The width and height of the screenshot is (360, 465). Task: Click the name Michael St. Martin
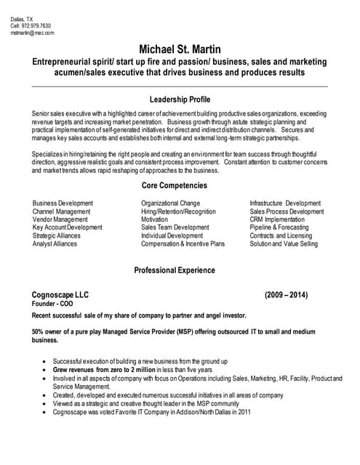tap(180, 49)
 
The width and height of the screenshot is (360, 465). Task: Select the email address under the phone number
tap(32, 33)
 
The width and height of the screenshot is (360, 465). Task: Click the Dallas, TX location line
tap(21, 18)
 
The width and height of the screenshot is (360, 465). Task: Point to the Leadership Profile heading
tap(180, 100)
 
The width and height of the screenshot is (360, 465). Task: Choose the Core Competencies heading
tap(180, 186)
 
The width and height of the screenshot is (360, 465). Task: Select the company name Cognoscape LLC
tap(60, 295)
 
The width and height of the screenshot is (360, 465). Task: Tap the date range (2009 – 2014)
tap(286, 295)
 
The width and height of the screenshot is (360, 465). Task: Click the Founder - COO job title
tap(53, 304)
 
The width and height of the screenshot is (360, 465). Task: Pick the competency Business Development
tap(63, 203)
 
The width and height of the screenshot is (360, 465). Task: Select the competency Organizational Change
tap(170, 203)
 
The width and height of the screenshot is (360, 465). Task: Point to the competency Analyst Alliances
tap(55, 244)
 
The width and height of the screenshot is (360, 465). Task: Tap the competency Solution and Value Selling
tap(284, 244)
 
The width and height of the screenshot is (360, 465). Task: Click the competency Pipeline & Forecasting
tap(279, 227)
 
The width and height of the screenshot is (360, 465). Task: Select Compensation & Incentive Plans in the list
tap(183, 244)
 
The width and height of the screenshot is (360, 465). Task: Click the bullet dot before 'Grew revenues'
tap(46, 370)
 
